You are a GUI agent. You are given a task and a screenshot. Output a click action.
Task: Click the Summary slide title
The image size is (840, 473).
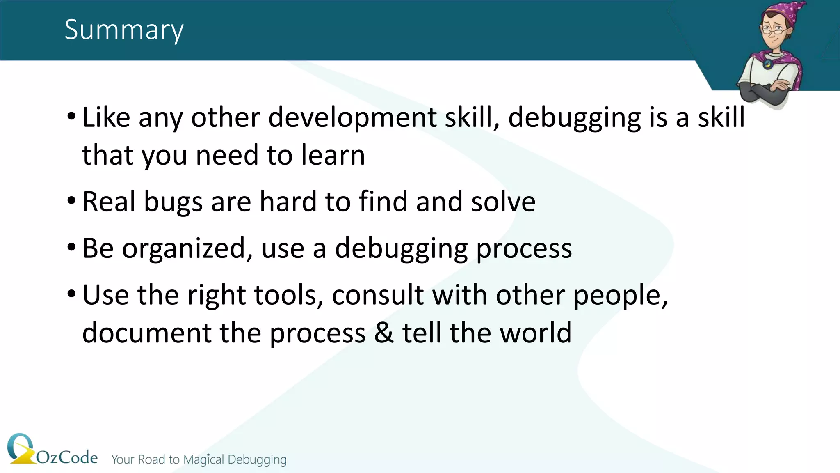point(124,30)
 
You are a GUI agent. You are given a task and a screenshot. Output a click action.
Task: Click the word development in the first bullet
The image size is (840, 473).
point(352,118)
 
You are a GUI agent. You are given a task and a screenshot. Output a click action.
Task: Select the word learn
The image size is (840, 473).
point(333,156)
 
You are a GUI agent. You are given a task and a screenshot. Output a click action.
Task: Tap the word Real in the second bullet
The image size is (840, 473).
point(109,202)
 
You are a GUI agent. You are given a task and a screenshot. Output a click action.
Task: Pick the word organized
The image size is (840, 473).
point(183,249)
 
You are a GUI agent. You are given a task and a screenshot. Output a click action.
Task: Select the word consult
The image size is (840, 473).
point(378,295)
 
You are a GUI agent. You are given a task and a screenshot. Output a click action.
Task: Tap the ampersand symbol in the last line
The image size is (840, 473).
point(383,333)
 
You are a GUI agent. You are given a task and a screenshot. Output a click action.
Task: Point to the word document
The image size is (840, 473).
point(146,333)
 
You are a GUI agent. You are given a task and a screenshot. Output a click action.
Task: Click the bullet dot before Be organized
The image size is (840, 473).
point(71,248)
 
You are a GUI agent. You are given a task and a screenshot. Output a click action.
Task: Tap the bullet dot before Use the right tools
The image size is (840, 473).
point(71,294)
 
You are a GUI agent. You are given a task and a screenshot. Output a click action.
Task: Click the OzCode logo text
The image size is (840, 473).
point(67,457)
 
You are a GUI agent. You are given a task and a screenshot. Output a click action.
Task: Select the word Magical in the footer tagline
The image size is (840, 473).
point(203,459)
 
